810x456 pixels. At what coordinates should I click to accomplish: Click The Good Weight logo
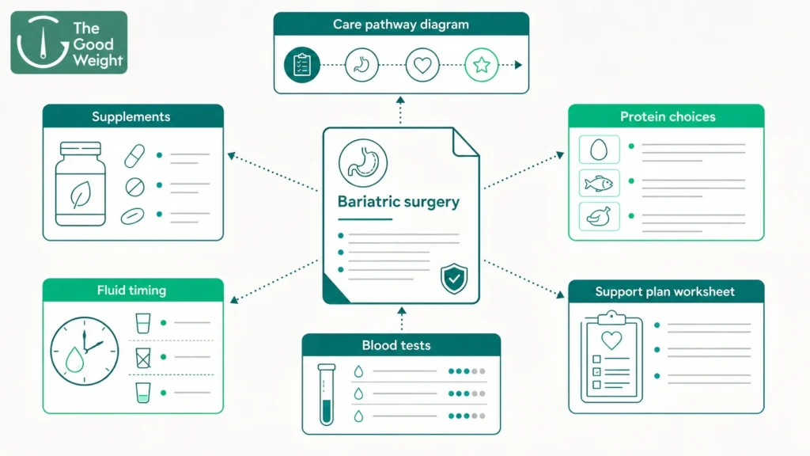tap(69, 43)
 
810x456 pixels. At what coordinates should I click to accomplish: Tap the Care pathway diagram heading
tap(401, 25)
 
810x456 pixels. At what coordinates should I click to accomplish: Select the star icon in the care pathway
tap(482, 65)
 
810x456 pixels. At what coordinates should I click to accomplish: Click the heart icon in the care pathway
tap(422, 65)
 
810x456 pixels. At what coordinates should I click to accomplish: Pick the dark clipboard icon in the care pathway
tap(301, 65)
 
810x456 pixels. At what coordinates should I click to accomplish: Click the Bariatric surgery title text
tap(399, 201)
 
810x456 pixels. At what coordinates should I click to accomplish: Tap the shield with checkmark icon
tap(454, 278)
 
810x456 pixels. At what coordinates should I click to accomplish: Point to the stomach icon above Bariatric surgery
tap(362, 163)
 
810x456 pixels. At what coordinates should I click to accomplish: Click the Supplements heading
tap(131, 116)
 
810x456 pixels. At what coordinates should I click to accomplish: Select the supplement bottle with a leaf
tap(81, 184)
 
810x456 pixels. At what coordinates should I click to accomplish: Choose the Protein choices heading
tap(668, 116)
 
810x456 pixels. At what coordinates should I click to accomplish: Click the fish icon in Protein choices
tap(600, 183)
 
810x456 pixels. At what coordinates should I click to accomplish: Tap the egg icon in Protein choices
tap(600, 150)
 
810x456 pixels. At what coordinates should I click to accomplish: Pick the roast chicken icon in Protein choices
tap(600, 217)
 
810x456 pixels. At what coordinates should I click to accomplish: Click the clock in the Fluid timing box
tap(84, 351)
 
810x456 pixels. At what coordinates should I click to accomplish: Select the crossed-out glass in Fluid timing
tap(143, 357)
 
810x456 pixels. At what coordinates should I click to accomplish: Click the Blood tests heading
tap(396, 345)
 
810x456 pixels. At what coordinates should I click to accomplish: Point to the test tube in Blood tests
tap(327, 394)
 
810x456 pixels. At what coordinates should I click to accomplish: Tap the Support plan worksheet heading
tap(664, 291)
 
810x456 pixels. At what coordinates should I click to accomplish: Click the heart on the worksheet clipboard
tap(611, 340)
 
